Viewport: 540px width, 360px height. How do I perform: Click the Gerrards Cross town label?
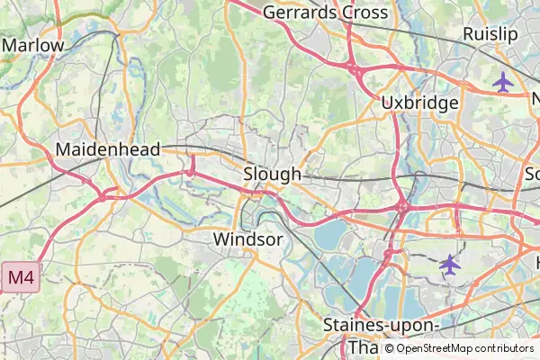(325, 13)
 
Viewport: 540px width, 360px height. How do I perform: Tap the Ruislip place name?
(490, 34)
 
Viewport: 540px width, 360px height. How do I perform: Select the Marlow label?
(33, 45)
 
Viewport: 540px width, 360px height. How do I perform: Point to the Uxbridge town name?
(419, 103)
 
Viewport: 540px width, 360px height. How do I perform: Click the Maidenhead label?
(108, 148)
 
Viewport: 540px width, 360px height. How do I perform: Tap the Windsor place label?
(248, 239)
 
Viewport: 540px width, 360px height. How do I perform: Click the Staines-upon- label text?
(382, 325)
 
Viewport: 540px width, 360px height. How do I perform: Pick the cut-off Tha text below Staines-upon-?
(364, 347)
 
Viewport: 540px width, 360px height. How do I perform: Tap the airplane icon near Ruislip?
(503, 83)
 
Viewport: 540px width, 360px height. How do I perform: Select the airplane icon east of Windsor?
(449, 265)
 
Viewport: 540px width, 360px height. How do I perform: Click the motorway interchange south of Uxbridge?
(402, 207)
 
